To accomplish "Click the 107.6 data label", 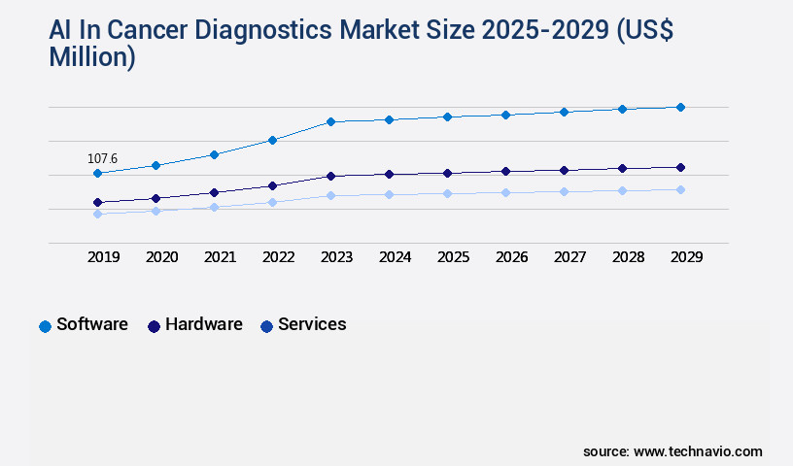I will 102,158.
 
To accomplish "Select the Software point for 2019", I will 97,174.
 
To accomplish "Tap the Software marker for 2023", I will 330,121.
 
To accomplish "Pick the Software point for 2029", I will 680,107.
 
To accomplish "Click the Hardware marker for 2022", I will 272,185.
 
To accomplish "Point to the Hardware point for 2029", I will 680,167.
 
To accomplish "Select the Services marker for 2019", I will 97,214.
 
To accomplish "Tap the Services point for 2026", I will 505,192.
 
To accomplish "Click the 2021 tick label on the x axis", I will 220,257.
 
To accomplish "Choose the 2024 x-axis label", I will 395,257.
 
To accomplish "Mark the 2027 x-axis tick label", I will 569,257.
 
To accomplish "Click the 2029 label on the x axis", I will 686,257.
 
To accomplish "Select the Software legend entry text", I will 92,324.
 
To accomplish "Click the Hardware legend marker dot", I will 154,326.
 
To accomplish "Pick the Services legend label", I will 312,324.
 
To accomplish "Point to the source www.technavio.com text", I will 672,451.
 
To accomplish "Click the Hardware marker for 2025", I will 447,173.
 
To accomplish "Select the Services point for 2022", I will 272,202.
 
